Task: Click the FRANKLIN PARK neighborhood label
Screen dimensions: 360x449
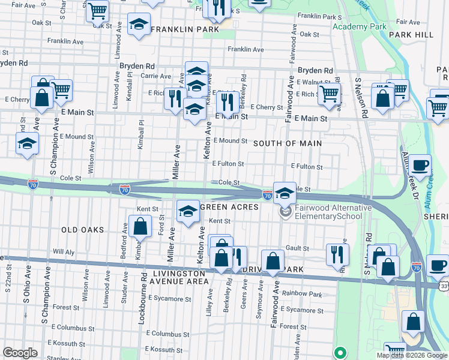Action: (184, 29)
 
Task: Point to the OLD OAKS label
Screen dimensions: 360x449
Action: (82, 230)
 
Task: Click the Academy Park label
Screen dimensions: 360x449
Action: (360, 27)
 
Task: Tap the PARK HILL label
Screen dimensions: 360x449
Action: (411, 35)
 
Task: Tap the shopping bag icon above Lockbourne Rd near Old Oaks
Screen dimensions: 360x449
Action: (140, 227)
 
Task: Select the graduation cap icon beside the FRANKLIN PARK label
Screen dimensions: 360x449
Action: (139, 25)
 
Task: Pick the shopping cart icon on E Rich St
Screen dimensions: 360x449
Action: (329, 94)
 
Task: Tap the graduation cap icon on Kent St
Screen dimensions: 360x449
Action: (188, 211)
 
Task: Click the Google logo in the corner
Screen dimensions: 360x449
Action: (20, 353)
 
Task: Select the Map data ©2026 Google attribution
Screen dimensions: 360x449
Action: (412, 356)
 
